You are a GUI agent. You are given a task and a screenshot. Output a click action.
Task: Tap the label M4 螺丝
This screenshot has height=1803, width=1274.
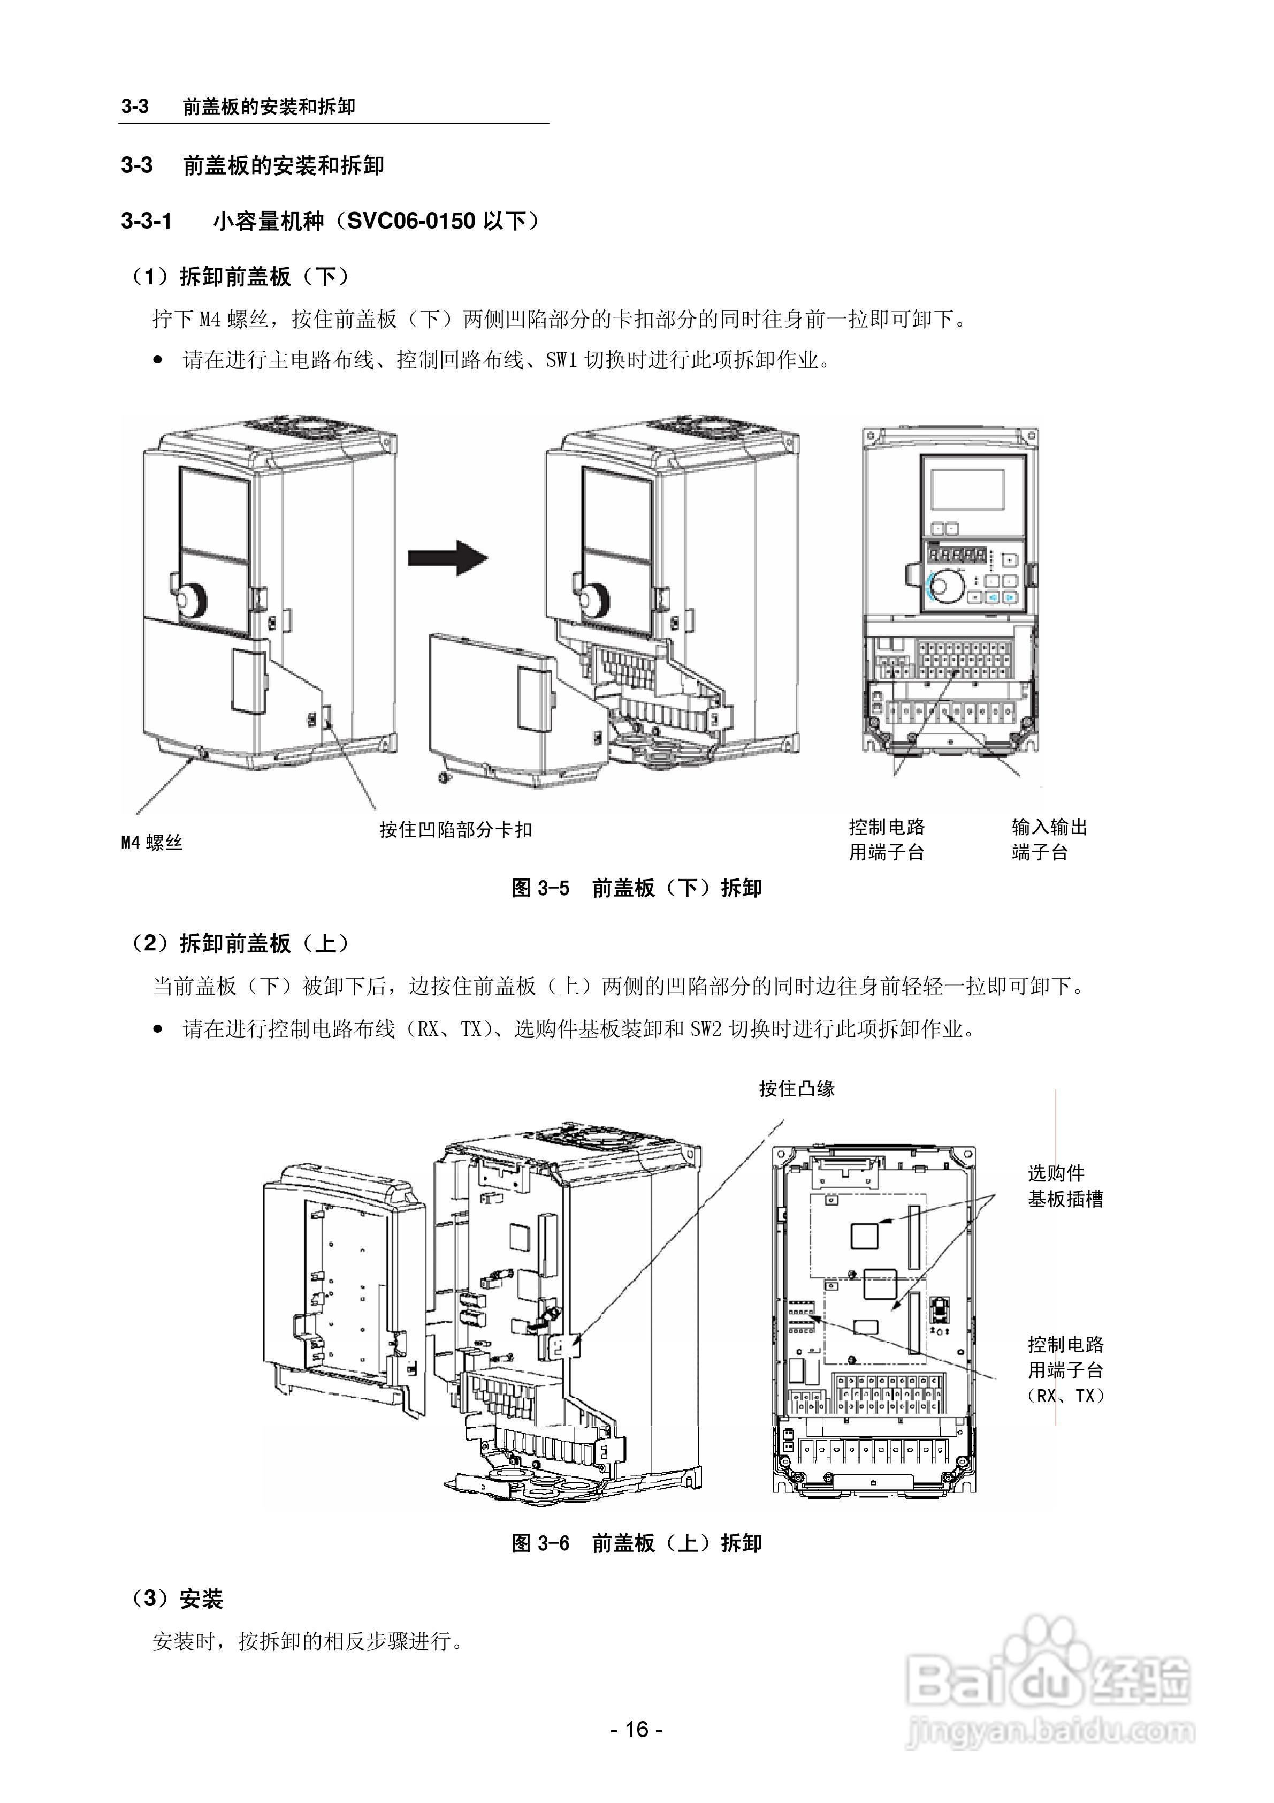[x=151, y=843]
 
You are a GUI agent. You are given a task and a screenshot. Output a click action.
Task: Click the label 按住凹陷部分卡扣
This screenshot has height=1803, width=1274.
[x=455, y=829]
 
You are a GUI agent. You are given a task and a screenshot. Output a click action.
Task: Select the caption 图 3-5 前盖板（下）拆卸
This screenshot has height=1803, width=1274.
[x=637, y=888]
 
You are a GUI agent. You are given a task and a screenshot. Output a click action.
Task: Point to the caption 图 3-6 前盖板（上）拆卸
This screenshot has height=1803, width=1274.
[x=637, y=1543]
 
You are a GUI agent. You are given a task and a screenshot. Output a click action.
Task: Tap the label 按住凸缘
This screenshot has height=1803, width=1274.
[x=796, y=1088]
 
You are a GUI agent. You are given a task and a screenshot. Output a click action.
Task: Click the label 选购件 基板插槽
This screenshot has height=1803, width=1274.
[x=1065, y=1186]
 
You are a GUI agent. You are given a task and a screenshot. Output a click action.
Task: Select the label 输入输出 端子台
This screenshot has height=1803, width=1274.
[x=1049, y=839]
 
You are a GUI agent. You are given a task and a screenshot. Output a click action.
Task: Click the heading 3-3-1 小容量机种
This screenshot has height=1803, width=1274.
[x=330, y=222]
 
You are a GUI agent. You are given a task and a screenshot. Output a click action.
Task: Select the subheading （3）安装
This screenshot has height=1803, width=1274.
[x=178, y=1599]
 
